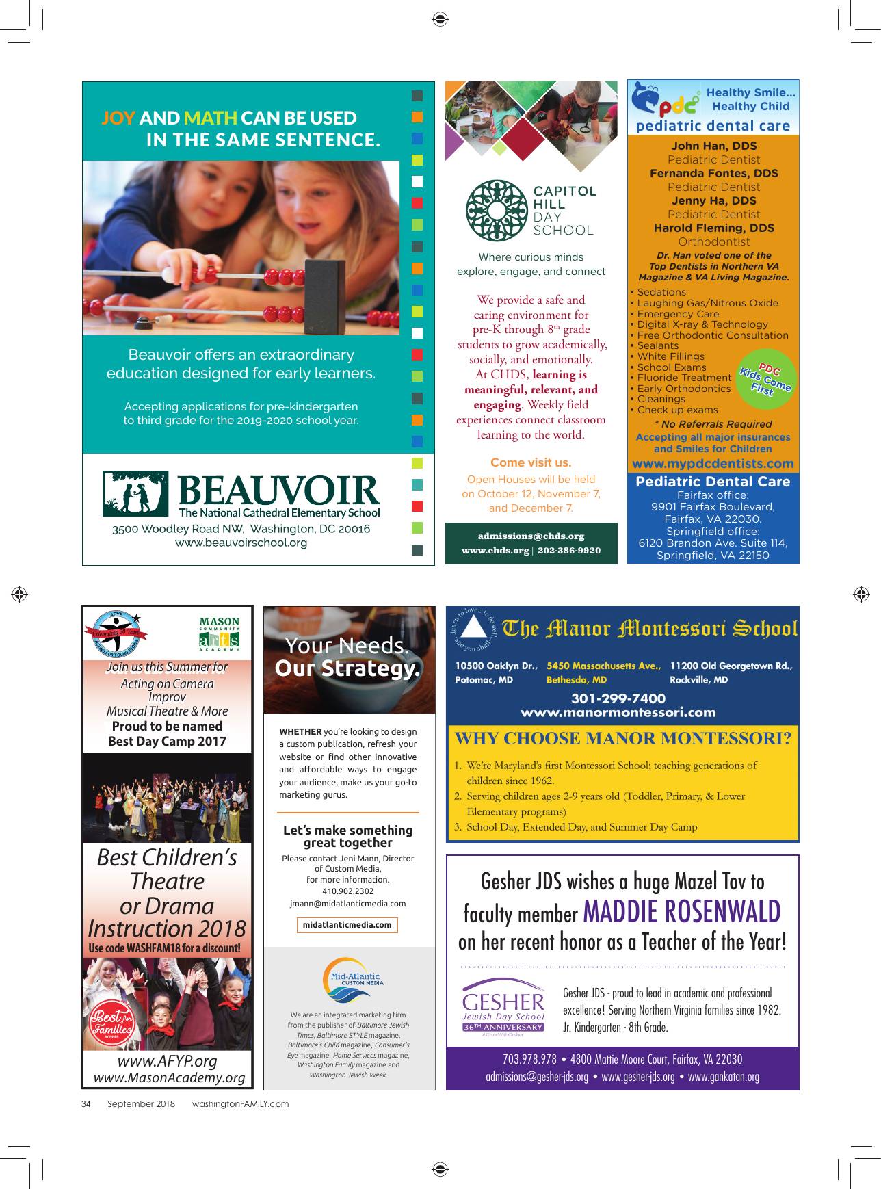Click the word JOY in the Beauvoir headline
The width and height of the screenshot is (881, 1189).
[x=118, y=118]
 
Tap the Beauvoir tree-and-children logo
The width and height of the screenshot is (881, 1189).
[x=135, y=493]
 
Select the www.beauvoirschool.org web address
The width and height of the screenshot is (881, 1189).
[x=241, y=543]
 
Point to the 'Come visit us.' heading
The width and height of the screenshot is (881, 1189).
[x=531, y=462]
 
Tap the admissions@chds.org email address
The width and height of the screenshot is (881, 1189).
[x=531, y=536]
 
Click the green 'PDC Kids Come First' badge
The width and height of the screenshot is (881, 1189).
[x=765, y=379]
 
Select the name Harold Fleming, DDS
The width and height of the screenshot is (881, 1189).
[x=713, y=228]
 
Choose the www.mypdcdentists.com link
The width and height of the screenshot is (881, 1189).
[x=713, y=463]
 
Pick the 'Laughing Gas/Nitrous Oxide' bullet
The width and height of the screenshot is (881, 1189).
[x=707, y=303]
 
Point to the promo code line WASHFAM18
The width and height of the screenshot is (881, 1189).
[x=165, y=948]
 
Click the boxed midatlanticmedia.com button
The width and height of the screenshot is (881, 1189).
[x=347, y=925]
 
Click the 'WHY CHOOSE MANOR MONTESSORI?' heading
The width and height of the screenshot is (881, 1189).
[x=622, y=738]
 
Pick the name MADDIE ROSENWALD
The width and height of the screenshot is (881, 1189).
[x=681, y=912]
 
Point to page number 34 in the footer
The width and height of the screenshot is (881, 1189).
[x=86, y=1103]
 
